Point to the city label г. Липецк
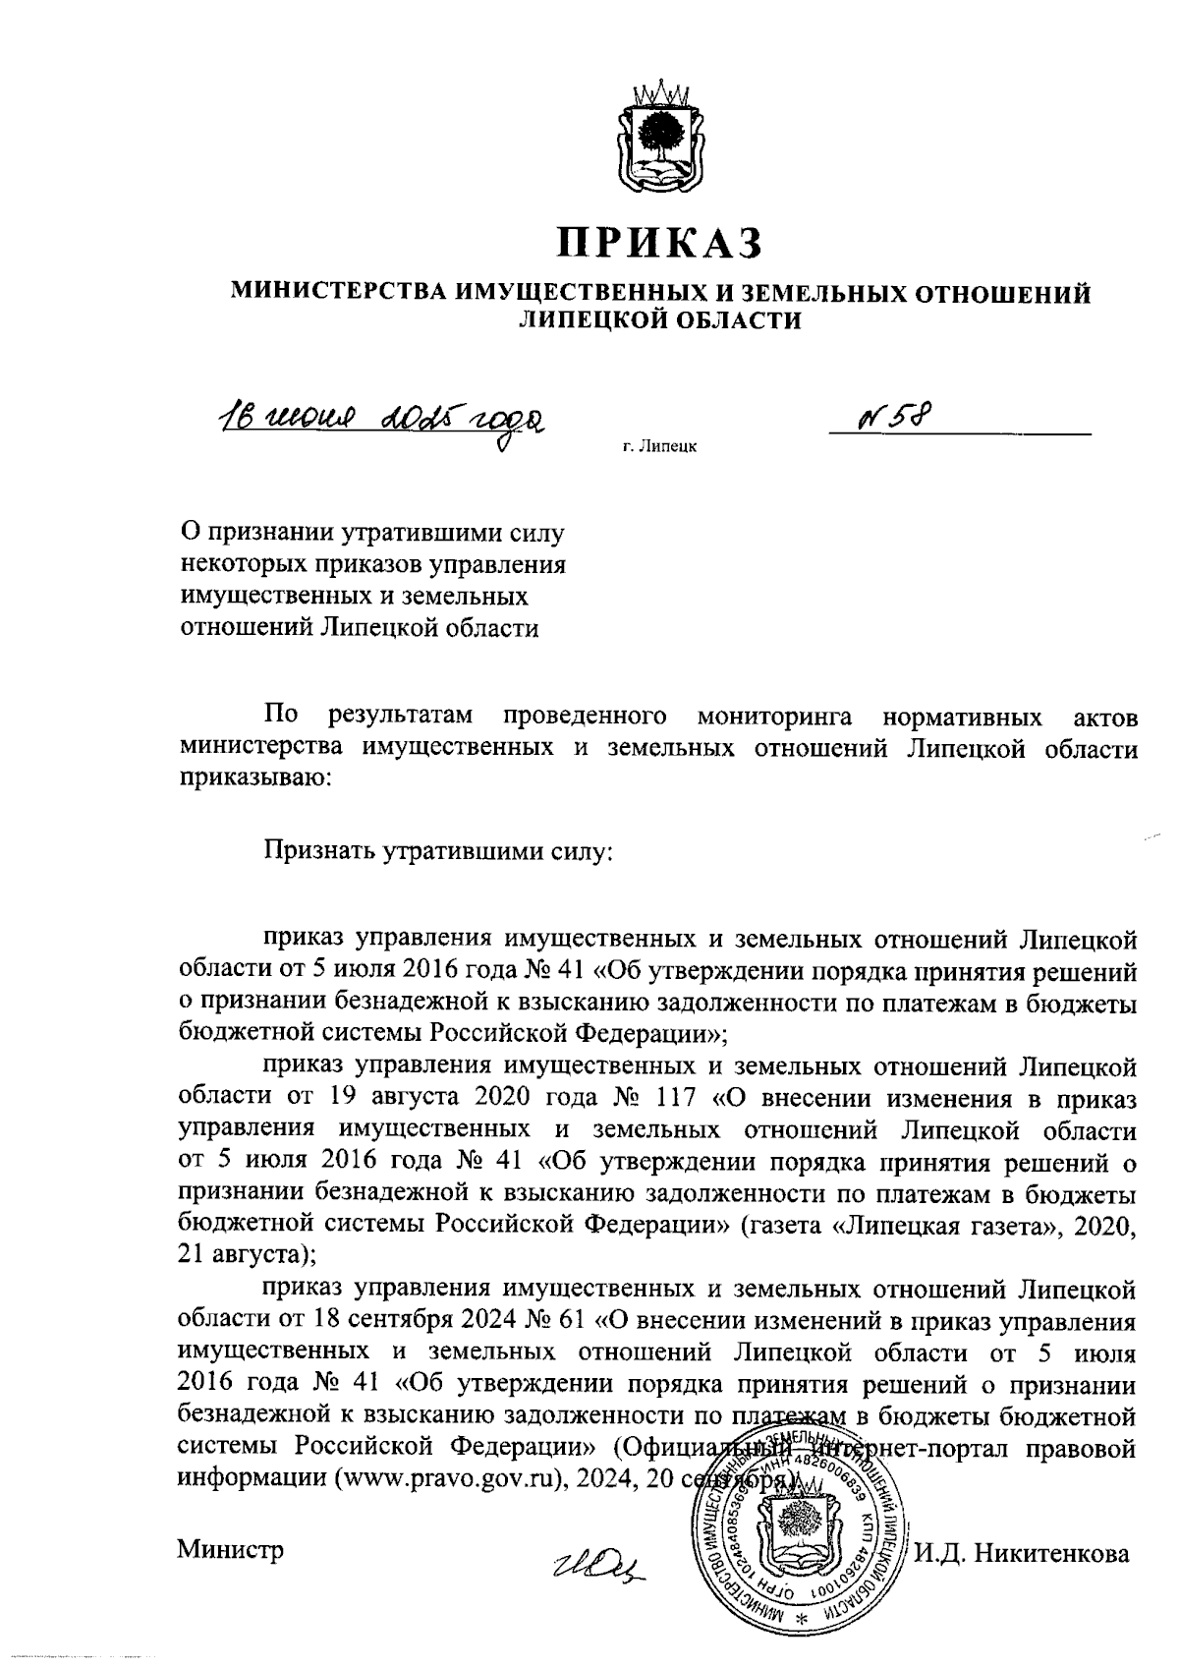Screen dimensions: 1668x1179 (659, 447)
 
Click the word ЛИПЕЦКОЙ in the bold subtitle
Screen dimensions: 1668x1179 (591, 318)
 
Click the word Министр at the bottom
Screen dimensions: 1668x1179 (230, 1551)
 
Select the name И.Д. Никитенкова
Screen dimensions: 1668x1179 (1022, 1553)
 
